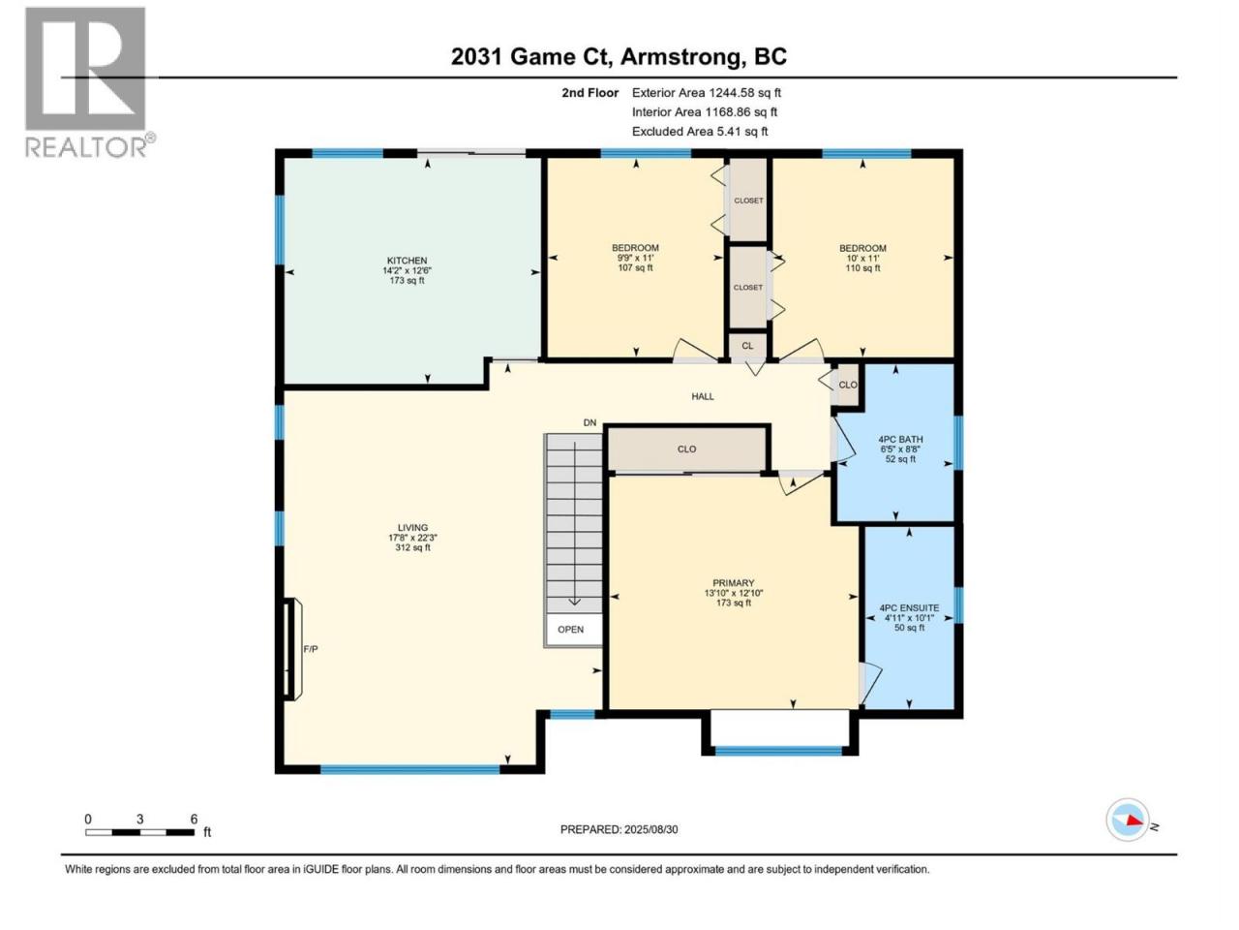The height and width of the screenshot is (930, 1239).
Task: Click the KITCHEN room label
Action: point(407,261)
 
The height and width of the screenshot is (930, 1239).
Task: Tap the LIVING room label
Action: point(412,527)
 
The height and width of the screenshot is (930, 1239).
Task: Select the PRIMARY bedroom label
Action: point(734,583)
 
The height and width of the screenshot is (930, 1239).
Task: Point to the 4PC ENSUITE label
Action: point(909,607)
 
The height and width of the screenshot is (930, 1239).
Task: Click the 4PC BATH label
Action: point(900,439)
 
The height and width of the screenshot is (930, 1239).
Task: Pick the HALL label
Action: point(703,396)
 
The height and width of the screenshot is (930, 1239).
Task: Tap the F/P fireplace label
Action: point(311,649)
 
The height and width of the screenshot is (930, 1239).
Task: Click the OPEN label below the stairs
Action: point(571,629)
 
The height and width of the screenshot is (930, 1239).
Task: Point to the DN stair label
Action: point(589,422)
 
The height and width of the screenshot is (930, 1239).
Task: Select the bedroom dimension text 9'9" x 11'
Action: point(635,258)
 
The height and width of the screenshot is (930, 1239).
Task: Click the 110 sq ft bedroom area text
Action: point(862,267)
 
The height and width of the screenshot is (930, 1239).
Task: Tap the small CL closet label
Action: point(747,346)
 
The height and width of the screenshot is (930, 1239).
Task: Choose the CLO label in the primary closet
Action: point(686,449)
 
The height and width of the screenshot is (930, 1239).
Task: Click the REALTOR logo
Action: point(89,82)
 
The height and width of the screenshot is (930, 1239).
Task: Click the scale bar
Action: point(140,832)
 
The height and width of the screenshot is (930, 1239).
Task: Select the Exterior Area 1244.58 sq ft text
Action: point(707,93)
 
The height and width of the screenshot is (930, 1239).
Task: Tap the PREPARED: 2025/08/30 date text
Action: point(619,829)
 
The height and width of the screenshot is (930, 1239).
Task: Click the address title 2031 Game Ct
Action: point(531,56)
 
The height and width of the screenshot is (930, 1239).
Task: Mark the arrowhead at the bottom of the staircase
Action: point(574,602)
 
